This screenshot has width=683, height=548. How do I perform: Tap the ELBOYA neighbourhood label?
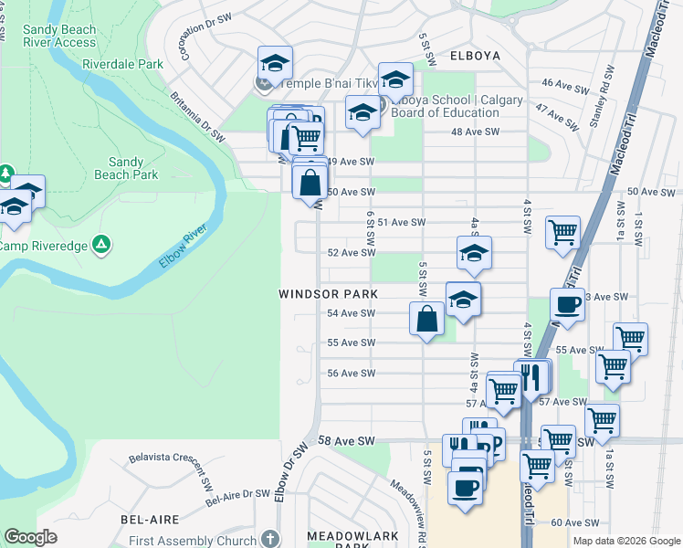[475, 56]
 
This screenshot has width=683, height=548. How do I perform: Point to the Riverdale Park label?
[122, 65]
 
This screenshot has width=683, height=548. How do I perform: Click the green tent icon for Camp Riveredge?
[102, 244]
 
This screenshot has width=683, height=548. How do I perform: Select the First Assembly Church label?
[205, 541]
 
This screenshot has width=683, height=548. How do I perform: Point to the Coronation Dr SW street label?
[196, 37]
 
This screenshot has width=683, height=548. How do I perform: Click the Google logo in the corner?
[30, 537]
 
